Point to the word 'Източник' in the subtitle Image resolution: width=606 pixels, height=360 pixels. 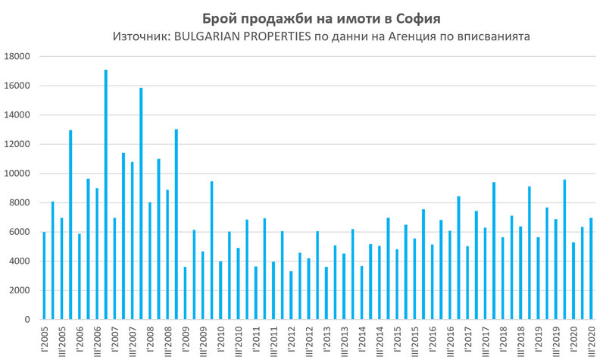137,36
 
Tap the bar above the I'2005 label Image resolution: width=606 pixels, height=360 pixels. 45,276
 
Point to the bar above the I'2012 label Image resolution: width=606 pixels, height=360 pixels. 291,296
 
